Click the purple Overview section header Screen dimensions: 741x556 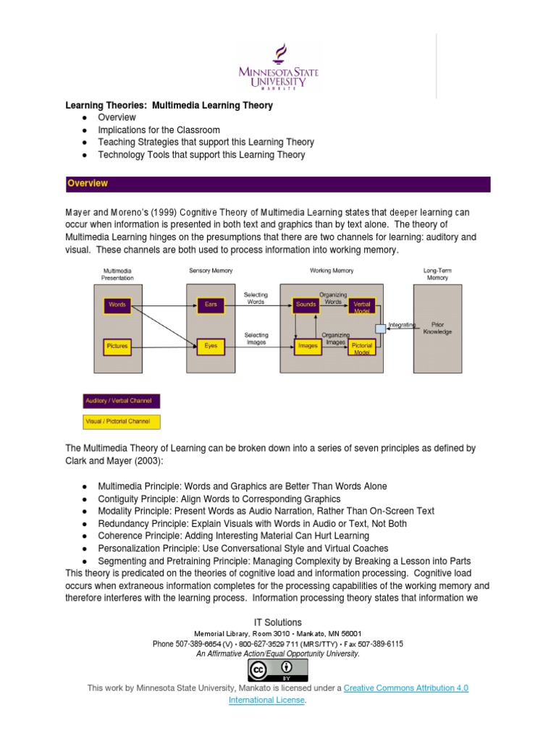click(278, 184)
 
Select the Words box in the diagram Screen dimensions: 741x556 click(117, 305)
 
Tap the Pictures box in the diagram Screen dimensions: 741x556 click(117, 346)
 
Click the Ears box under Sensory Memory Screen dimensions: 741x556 click(211, 305)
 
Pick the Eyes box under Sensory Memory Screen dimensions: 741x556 click(211, 346)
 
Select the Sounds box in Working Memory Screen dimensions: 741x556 click(306, 305)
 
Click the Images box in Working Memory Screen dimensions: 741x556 click(308, 346)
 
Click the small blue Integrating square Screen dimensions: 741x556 click(380, 329)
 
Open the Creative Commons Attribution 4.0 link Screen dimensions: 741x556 click(405, 687)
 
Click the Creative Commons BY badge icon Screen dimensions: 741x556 click(278, 670)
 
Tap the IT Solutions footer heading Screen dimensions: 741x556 click(278, 622)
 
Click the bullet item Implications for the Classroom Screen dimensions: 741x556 click(159, 130)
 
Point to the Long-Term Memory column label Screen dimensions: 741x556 click(437, 274)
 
